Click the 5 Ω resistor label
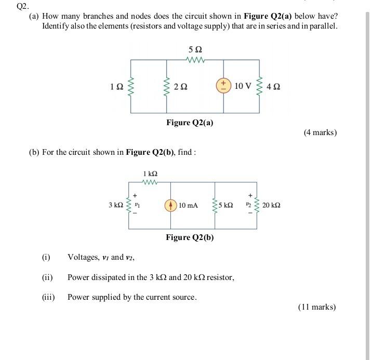pyautogui.click(x=195, y=50)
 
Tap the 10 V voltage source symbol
pyautogui.click(x=223, y=85)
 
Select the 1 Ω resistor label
pyautogui.click(x=116, y=86)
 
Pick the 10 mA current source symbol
pyautogui.click(x=170, y=205)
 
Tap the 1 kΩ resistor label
pyautogui.click(x=150, y=174)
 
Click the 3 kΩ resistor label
pyautogui.click(x=116, y=205)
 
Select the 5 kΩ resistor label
pyautogui.click(x=226, y=205)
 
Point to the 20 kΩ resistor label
pyautogui.click(x=272, y=205)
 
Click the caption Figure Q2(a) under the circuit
pyautogui.click(x=190, y=123)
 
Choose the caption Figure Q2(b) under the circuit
pyautogui.click(x=190, y=237)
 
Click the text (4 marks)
pyautogui.click(x=320, y=132)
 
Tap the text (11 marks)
pyautogui.click(x=317, y=307)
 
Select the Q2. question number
pyautogui.click(x=21, y=7)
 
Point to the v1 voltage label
pyautogui.click(x=137, y=205)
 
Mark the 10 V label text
pyautogui.click(x=243, y=86)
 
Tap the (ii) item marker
pyautogui.click(x=47, y=277)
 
